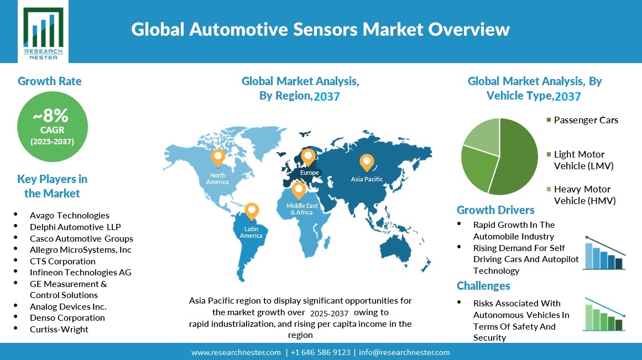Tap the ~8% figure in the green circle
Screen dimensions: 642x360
tap(51, 116)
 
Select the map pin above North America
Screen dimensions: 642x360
tap(218, 158)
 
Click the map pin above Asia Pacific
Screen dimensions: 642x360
tap(367, 163)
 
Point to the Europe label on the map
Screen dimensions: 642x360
tap(309, 173)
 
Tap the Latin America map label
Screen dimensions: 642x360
tap(251, 232)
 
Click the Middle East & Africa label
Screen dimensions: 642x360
tap(302, 209)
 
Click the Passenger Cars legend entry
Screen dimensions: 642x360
tap(582, 120)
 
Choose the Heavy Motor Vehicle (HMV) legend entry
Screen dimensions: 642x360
tap(581, 195)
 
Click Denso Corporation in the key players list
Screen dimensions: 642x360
tap(67, 317)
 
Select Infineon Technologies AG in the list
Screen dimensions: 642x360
tap(80, 273)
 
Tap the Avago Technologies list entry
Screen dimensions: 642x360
tap(69, 216)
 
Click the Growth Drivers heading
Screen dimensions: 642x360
tap(495, 210)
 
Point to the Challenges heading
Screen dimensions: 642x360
tap(483, 285)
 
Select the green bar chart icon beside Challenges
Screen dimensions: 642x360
tap(604, 314)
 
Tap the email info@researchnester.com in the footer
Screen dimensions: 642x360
tap(404, 352)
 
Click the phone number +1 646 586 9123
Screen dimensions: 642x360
tap(321, 352)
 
